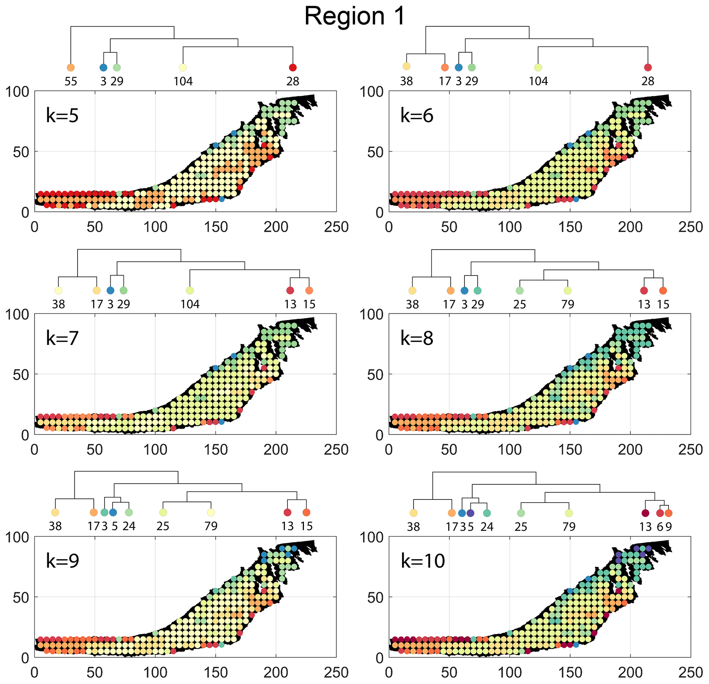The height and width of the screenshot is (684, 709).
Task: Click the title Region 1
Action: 355,16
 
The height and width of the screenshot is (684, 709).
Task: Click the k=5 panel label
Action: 62,115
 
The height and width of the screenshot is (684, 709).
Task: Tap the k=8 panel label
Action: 417,338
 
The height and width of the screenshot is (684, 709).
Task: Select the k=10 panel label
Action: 423,561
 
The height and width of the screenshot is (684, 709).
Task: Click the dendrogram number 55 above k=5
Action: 71,81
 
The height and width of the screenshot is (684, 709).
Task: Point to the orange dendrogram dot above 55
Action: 71,68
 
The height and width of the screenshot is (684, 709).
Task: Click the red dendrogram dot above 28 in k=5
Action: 293,68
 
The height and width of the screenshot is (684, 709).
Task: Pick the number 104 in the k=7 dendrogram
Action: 190,304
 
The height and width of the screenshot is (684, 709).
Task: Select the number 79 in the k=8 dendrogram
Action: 568,304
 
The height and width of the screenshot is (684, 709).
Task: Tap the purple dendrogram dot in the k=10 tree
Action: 470,513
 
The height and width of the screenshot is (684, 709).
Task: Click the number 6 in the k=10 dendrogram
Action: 660,527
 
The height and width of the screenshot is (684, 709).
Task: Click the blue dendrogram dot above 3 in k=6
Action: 459,68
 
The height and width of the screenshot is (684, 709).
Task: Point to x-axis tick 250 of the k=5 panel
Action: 336,227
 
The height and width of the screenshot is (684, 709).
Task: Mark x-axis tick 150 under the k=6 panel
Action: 570,227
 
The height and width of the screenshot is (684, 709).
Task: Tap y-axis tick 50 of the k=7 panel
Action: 21,375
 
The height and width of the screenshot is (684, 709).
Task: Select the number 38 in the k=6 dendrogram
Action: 406,81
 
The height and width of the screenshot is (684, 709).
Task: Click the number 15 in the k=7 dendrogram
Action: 309,304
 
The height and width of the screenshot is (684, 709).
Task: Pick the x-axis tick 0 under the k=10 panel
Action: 389,673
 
